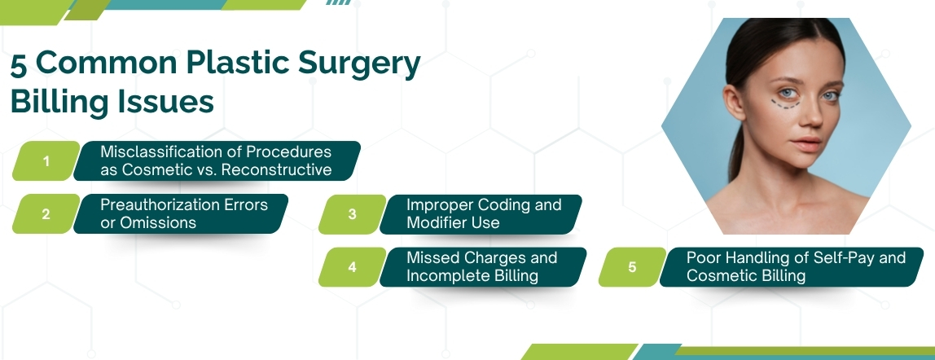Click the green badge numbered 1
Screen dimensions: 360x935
tap(46, 161)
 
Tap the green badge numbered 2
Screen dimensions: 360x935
tap(46, 214)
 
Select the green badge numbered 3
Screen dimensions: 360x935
tap(352, 214)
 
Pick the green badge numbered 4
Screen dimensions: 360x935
tap(352, 267)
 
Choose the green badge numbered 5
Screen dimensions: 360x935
tap(632, 267)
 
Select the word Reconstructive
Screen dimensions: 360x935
tap(278, 170)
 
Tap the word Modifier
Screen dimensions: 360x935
tap(439, 222)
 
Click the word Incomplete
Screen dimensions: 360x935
tap(446, 275)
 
